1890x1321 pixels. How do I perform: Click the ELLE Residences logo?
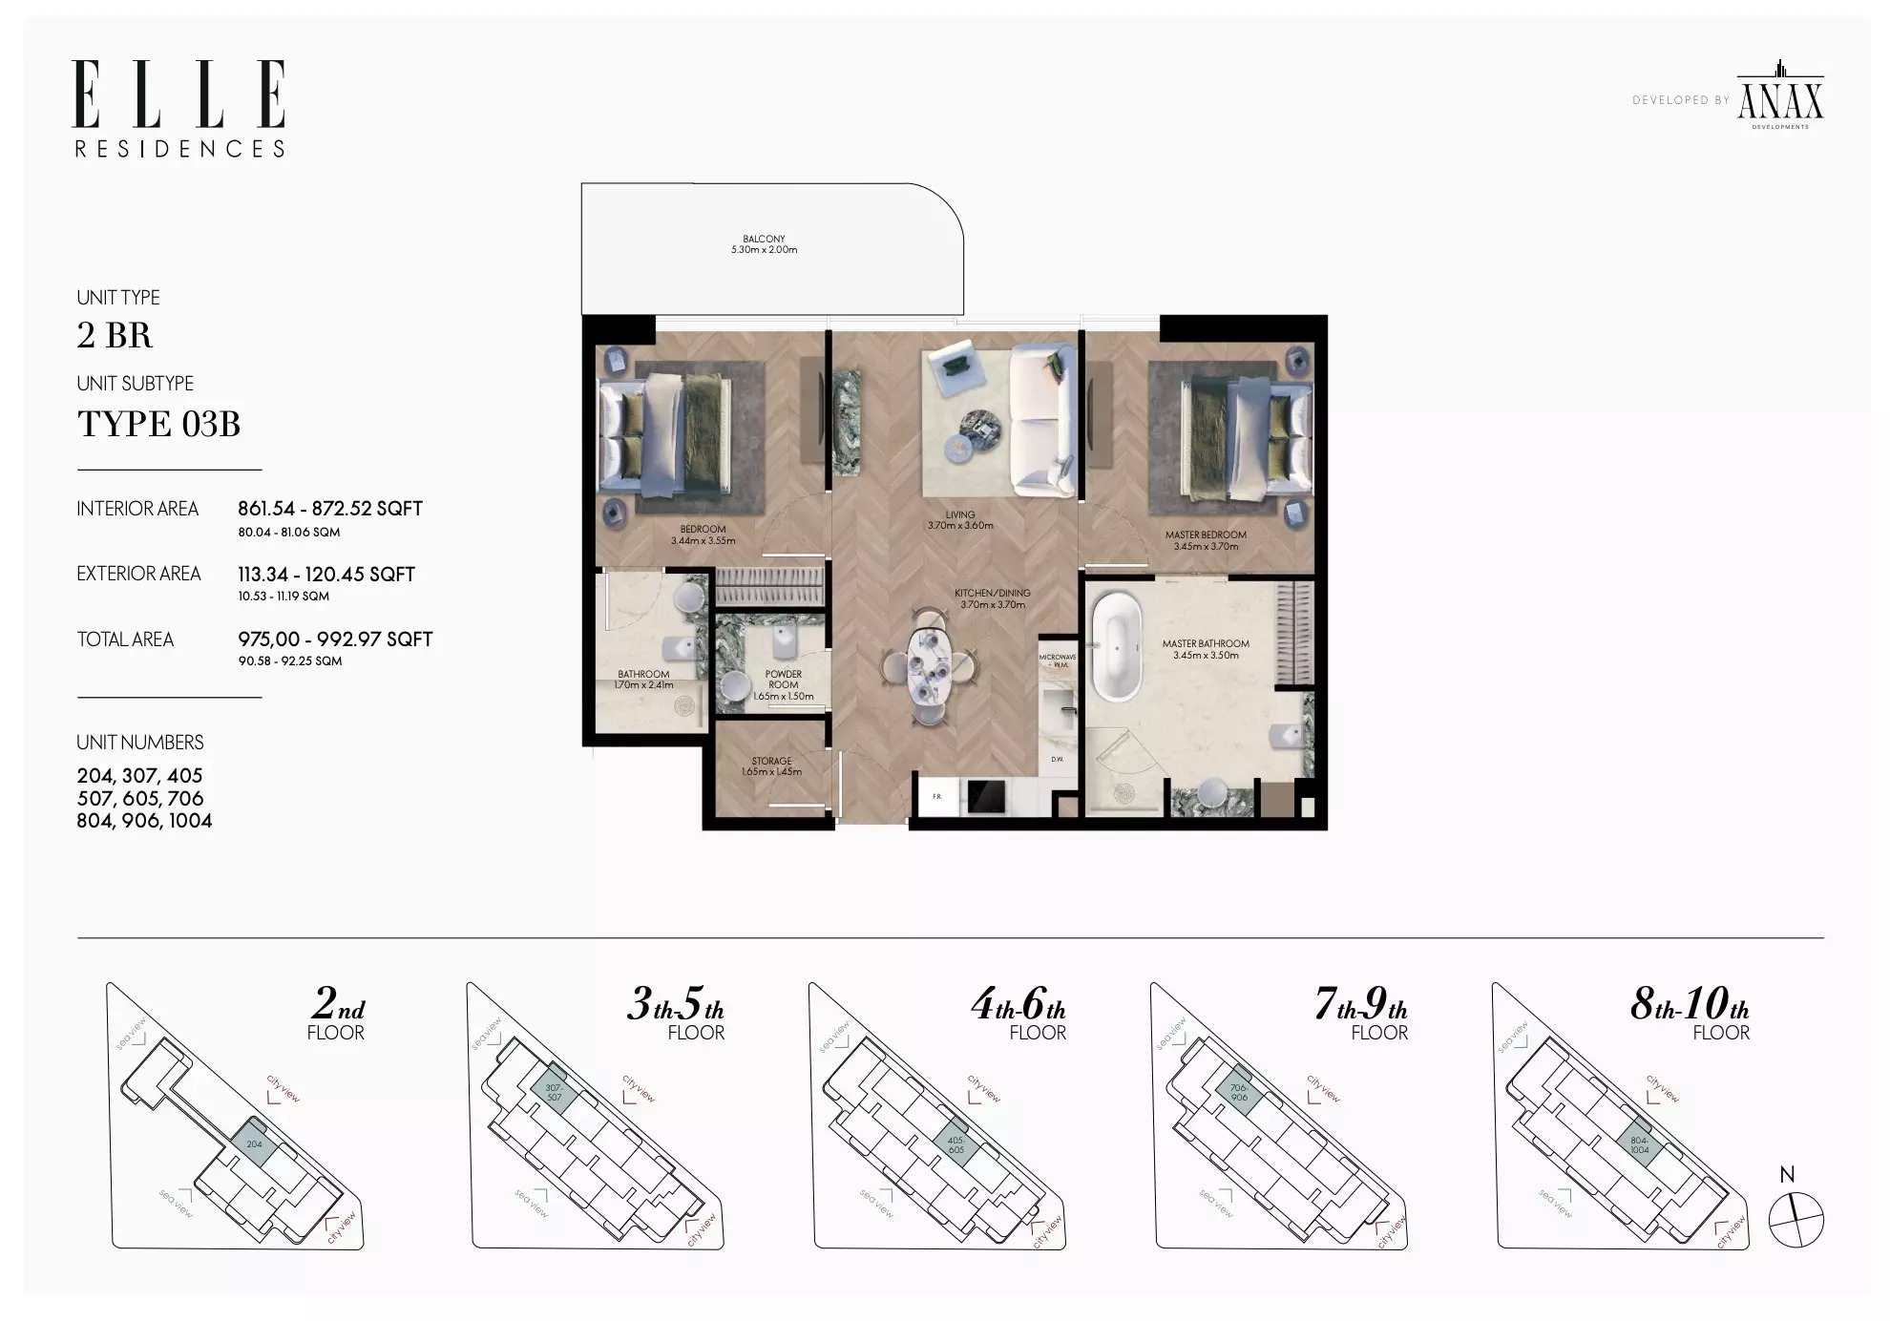pos(179,108)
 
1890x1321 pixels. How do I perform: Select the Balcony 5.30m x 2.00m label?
pos(764,245)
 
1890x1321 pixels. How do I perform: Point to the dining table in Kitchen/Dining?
pos(927,665)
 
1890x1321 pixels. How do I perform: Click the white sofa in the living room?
pos(1042,421)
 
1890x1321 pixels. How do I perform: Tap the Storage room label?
pos(771,766)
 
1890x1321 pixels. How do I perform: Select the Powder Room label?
pos(783,684)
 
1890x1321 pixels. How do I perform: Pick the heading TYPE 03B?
pos(158,424)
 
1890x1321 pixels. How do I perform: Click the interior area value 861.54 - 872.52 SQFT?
pos(330,509)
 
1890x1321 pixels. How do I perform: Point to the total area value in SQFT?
pos(335,640)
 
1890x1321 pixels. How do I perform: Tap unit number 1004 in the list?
pos(190,821)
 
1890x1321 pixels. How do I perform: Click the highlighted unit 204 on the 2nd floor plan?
pos(255,1143)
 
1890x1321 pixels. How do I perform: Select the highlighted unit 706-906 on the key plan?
pos(1238,1093)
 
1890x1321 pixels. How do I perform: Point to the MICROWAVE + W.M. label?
pos(1057,660)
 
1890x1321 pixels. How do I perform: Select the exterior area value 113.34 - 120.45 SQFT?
pos(326,575)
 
